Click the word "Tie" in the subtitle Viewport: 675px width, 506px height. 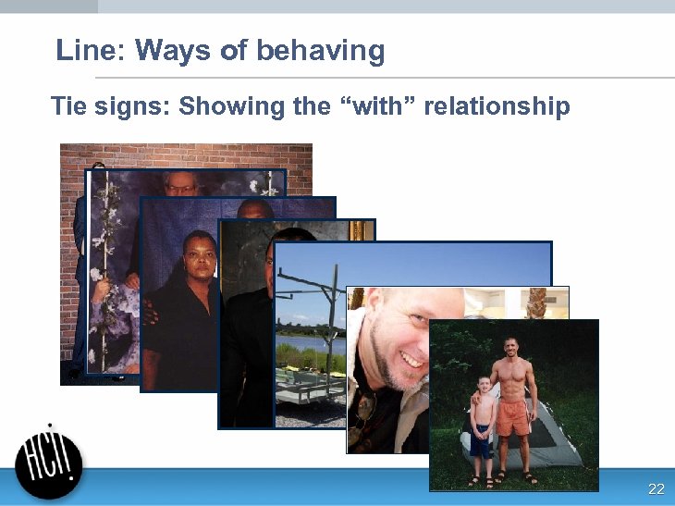pos(68,106)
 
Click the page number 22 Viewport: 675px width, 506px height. pos(656,488)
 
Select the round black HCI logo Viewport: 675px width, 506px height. pos(48,465)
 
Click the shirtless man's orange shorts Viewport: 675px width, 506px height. pos(511,416)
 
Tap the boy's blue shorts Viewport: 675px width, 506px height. pos(481,442)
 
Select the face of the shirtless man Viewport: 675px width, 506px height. pos(511,351)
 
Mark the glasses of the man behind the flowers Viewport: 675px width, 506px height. pos(182,189)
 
